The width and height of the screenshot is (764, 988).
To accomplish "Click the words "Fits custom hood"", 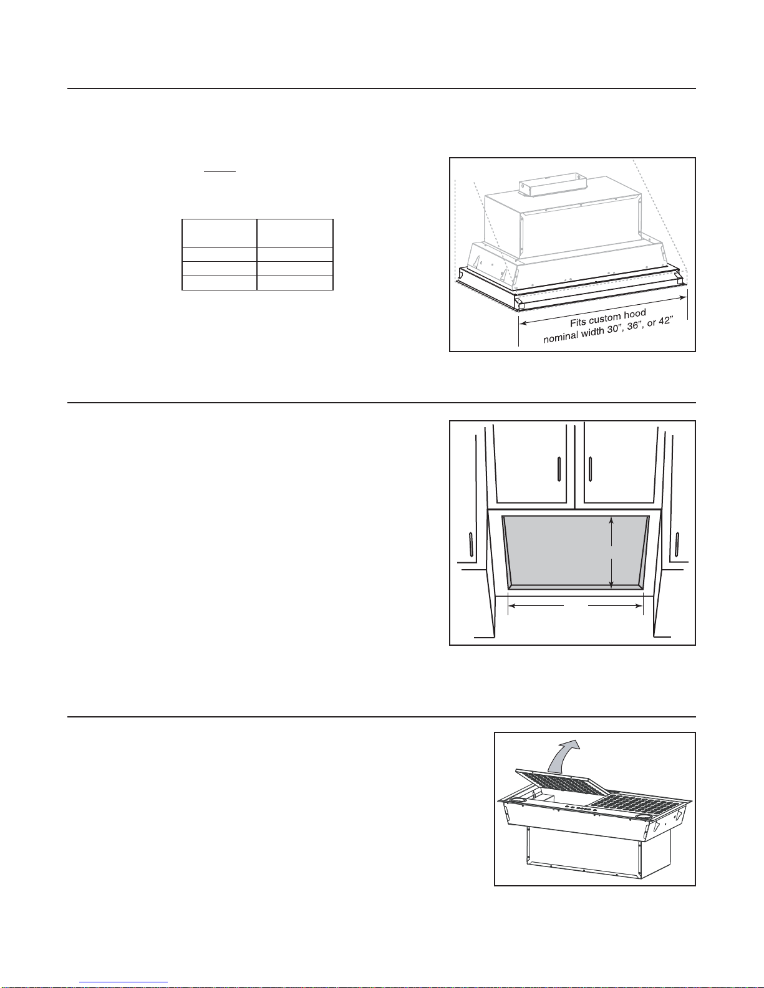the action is [608, 318].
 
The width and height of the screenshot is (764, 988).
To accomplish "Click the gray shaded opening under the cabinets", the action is [575, 552].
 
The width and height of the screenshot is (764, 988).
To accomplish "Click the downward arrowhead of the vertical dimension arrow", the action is [612, 585].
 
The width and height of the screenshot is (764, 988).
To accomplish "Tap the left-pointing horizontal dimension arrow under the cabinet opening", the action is [536, 606].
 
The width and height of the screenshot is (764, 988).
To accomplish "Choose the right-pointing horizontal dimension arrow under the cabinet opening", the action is [616, 606].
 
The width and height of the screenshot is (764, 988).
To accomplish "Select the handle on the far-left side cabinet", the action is [471, 544].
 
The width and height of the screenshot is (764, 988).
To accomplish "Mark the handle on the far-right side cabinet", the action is [677, 544].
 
